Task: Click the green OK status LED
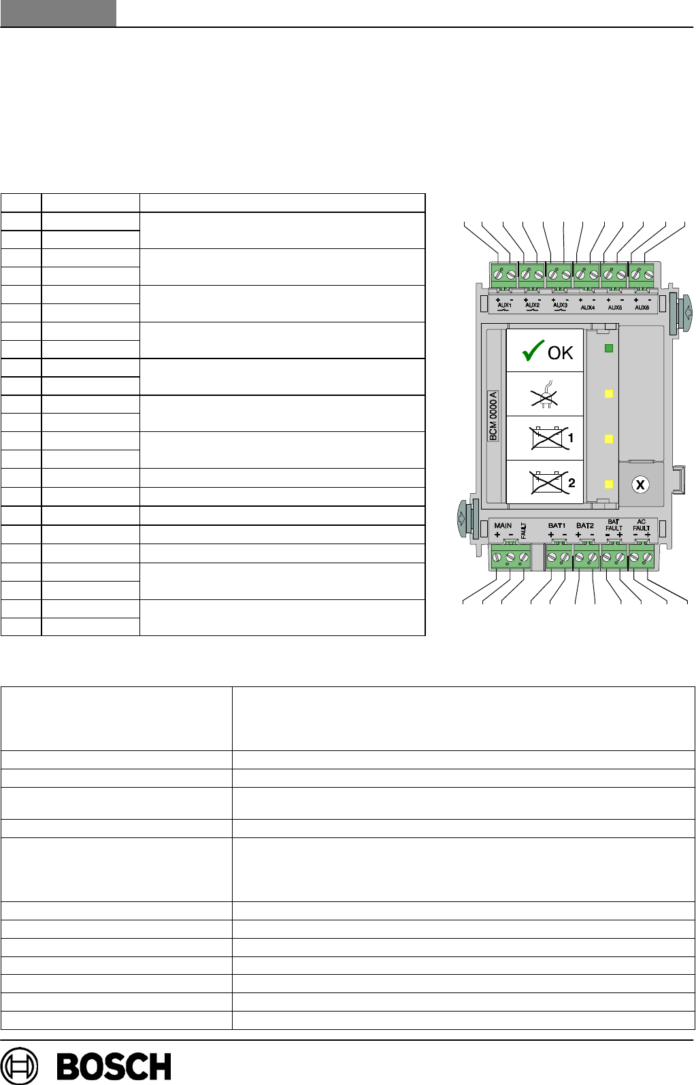[609, 348]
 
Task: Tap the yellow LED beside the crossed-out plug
[609, 394]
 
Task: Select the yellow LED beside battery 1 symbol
[609, 439]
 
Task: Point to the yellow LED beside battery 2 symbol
[609, 484]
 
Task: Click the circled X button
[640, 485]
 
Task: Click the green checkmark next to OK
[533, 351]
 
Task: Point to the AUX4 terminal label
[587, 307]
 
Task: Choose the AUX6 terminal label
[642, 307]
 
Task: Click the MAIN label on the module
[503, 526]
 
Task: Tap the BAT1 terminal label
[557, 526]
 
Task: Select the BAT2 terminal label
[584, 526]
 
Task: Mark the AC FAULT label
[642, 525]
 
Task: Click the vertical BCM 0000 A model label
[493, 416]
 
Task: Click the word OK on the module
[560, 353]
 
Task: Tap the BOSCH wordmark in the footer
[114, 1067]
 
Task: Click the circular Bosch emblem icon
[20, 1066]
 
